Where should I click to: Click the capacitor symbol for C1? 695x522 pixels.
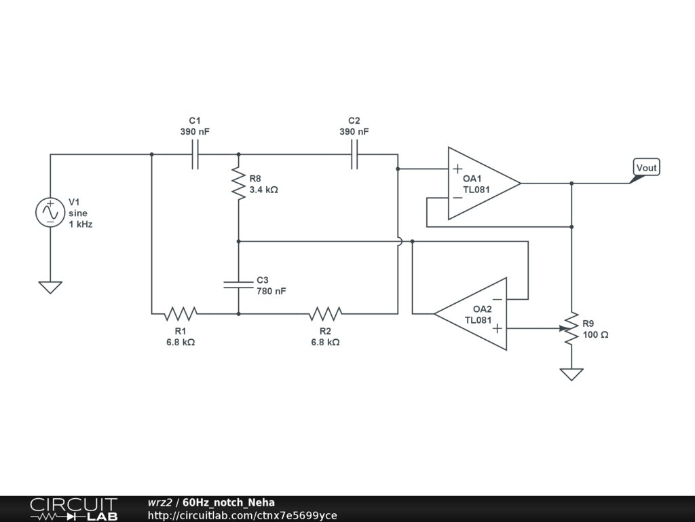pos(195,154)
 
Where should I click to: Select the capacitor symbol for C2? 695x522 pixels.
pos(354,154)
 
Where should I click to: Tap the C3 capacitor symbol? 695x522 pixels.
pos(238,283)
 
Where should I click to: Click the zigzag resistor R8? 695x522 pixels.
pos(238,184)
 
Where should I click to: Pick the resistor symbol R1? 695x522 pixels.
pos(181,313)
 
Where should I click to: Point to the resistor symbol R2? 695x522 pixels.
pos(325,313)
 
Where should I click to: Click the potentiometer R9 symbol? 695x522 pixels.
pos(571,328)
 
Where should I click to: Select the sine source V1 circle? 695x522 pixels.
pos(50,212)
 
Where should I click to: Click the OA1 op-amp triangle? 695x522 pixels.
pos(481,184)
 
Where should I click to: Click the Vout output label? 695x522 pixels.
pos(646,168)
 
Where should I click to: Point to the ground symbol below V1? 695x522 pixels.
pos(50,287)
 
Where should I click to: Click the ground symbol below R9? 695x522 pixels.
pos(571,374)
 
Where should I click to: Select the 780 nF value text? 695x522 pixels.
pos(271,291)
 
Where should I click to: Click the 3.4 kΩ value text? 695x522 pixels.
pos(263,190)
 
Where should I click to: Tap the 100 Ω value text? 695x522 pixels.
pos(595,334)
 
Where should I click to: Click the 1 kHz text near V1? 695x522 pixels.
pos(80,224)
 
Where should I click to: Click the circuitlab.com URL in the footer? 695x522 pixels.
pos(242,515)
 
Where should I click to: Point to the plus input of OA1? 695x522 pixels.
pos(458,169)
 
